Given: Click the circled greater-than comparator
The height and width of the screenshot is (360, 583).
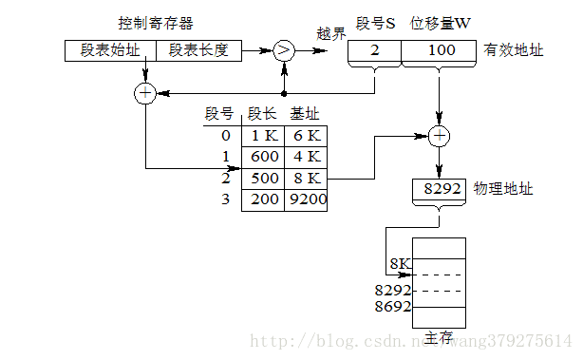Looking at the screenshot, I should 283,51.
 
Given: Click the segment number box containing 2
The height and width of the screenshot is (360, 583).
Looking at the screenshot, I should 375,51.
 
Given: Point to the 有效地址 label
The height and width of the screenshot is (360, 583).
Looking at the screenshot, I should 514,50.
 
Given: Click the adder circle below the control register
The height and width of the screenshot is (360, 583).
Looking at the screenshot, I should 145,93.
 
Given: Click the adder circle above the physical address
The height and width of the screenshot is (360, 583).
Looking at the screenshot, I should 438,137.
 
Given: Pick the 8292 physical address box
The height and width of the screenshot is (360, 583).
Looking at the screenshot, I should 441,189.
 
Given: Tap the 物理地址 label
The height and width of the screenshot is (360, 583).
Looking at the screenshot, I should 503,189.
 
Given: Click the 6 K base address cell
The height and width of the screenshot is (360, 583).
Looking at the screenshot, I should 306,136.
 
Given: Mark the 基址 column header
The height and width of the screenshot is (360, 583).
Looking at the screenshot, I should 305,114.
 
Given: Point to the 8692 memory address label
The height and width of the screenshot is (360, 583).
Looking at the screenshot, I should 392,307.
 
